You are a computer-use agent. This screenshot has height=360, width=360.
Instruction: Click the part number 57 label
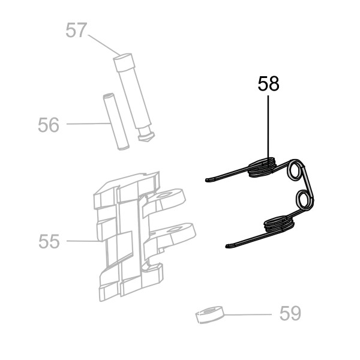coord(76,30)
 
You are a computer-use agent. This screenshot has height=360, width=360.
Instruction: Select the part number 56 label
coord(49,125)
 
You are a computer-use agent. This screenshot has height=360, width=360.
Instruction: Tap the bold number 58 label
coord(268,83)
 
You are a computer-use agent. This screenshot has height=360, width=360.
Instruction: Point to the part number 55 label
coord(49,241)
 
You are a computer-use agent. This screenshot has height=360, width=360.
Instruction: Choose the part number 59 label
coord(290,314)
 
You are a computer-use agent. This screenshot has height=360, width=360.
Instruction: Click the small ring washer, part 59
coord(209,315)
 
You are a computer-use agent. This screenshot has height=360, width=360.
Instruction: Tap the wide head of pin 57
coord(124,62)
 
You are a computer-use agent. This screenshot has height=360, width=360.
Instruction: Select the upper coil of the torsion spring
coord(262,167)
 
